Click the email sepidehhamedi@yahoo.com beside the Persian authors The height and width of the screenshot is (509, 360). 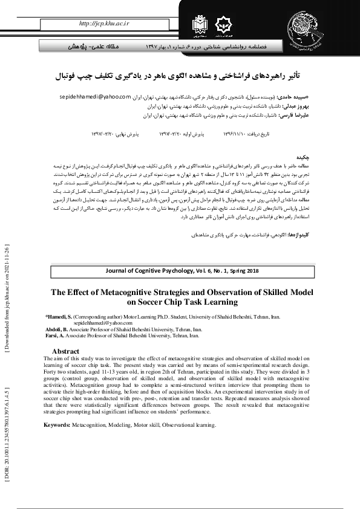tap(96, 97)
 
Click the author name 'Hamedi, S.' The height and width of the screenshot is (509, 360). tap(62, 317)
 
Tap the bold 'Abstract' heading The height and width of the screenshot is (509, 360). tap(66, 351)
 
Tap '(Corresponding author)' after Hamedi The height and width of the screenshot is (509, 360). tap(100, 317)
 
